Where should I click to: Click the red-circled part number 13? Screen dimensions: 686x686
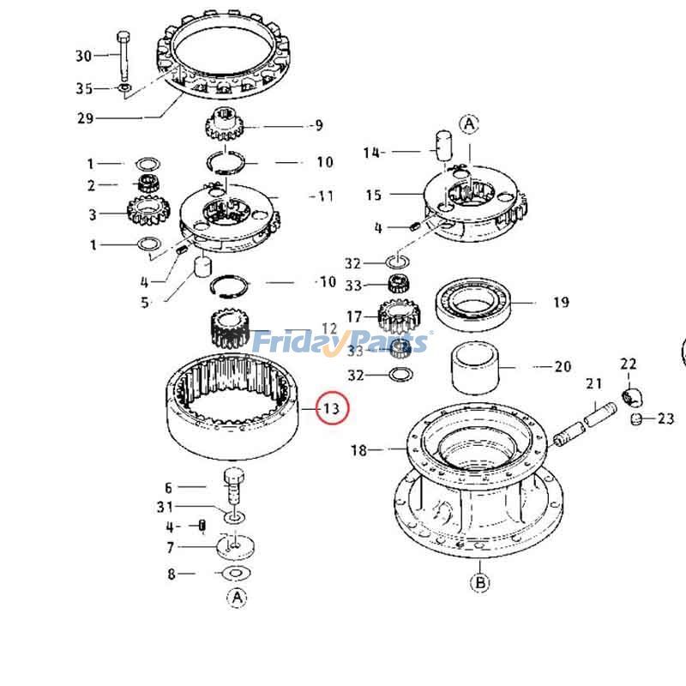pyautogui.click(x=332, y=408)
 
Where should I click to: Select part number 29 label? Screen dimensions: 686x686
pyautogui.click(x=85, y=118)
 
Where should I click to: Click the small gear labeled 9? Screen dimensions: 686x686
pyautogui.click(x=224, y=124)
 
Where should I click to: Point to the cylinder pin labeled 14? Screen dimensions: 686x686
pyautogui.click(x=442, y=146)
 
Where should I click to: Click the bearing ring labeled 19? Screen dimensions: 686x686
pyautogui.click(x=473, y=304)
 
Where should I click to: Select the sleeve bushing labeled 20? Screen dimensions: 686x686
pyautogui.click(x=475, y=368)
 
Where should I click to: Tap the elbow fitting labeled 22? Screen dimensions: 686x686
pyautogui.click(x=630, y=396)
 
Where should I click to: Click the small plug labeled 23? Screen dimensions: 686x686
pyautogui.click(x=636, y=418)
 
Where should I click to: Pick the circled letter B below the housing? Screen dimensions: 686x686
pyautogui.click(x=480, y=582)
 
